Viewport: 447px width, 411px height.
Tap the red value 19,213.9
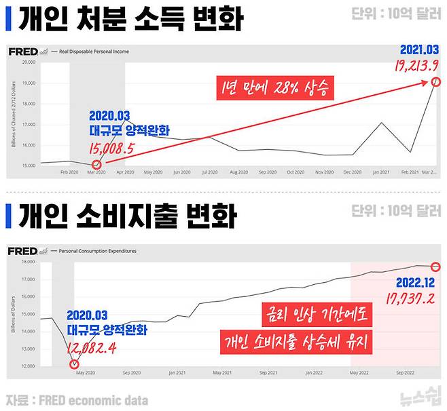tap(416, 66)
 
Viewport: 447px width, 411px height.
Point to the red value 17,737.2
tap(411, 299)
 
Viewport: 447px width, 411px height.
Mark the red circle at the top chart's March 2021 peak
tap(436, 82)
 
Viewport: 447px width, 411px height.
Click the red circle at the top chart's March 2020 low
tap(96, 164)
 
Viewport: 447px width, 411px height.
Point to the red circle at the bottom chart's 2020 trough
tap(74, 364)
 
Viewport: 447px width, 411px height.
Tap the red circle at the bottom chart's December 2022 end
tap(436, 266)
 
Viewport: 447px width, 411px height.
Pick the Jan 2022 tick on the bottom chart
tap(313, 373)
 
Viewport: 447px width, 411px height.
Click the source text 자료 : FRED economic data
tap(77, 400)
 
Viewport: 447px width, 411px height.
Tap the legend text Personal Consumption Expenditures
tap(98, 251)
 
